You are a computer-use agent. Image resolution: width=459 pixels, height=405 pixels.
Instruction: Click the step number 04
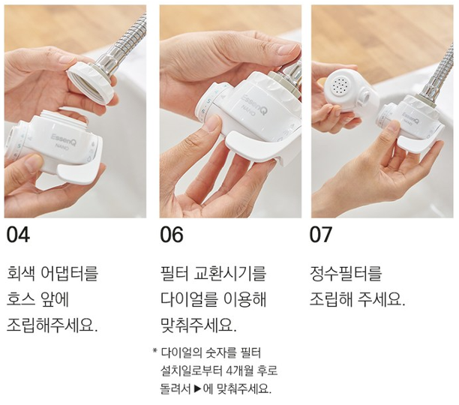click(18, 235)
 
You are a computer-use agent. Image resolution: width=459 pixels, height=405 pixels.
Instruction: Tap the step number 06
click(172, 235)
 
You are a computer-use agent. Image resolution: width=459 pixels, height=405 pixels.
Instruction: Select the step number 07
click(321, 235)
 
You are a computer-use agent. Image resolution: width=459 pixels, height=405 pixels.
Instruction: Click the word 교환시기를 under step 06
click(230, 273)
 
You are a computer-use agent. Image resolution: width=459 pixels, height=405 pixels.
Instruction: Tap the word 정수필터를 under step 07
click(346, 273)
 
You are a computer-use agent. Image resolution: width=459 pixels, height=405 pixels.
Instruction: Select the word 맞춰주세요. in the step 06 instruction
click(199, 325)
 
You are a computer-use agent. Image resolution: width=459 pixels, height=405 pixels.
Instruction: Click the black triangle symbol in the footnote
click(197, 389)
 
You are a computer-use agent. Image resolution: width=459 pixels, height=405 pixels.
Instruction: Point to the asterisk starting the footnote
click(154, 350)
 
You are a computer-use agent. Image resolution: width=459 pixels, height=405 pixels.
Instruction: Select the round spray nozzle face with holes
click(340, 85)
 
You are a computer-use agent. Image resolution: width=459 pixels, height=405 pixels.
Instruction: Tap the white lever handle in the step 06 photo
click(257, 146)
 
